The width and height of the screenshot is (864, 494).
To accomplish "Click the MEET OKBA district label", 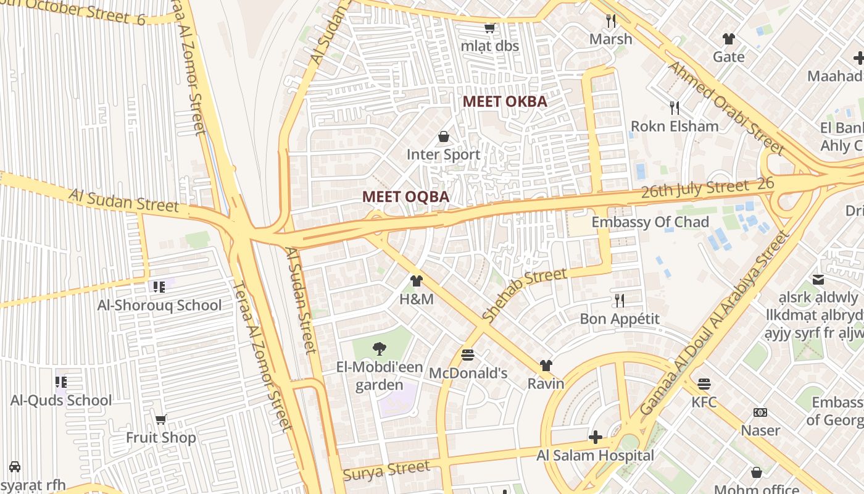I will coord(505,101).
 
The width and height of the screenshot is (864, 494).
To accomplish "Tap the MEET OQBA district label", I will coord(405,197).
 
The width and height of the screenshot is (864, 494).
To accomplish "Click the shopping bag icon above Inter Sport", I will coord(443,136).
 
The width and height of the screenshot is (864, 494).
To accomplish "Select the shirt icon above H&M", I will coord(417,282).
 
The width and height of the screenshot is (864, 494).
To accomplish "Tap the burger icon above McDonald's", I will coord(468,355).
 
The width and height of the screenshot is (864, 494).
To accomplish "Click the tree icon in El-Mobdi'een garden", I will coord(380,349).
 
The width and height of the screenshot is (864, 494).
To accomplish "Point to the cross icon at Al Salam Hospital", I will coord(595,437).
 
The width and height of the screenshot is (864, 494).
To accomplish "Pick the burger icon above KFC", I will coord(704,384).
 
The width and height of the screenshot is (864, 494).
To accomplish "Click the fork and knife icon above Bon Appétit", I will coord(619,301).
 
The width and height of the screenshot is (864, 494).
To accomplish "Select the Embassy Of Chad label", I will coord(650,222).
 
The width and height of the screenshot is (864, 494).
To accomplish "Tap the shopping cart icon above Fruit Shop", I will coord(161,420).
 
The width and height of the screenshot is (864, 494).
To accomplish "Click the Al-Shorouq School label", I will coord(159,305).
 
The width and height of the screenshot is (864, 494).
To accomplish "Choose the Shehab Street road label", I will coord(524,295).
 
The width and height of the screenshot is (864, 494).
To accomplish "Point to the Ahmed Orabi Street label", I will coord(726,107).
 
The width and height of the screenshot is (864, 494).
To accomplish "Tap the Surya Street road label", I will coord(386,471).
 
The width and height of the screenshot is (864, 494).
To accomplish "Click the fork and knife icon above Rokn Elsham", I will coord(675,108).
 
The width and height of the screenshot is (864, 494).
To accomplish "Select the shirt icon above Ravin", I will coord(546,366).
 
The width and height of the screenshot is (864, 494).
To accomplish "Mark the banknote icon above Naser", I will coord(760,412).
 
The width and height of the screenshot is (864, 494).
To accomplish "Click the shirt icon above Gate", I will coord(729,39).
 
